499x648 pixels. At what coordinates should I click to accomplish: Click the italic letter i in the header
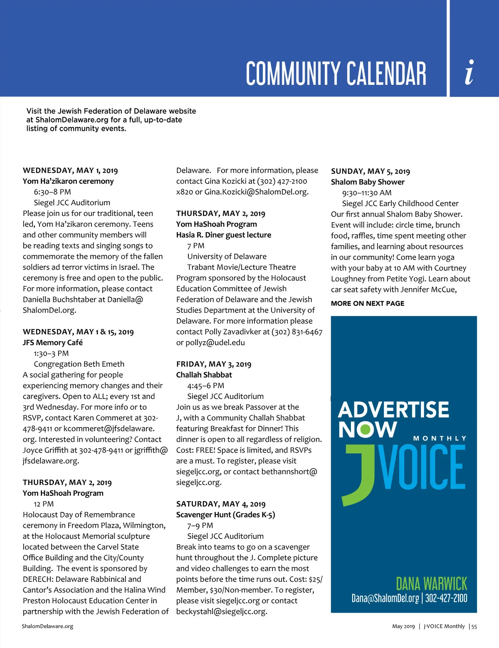(x=469, y=73)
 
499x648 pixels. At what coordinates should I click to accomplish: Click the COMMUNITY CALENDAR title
(x=336, y=74)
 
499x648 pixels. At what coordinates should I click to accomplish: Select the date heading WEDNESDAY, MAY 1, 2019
(x=70, y=171)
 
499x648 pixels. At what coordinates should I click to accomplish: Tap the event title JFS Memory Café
(x=53, y=343)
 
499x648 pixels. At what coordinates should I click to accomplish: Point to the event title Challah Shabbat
(x=204, y=375)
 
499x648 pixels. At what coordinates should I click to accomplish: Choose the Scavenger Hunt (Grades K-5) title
(x=225, y=515)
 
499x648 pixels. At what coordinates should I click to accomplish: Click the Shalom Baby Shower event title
(x=368, y=182)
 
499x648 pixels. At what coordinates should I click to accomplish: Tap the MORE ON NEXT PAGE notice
(x=368, y=304)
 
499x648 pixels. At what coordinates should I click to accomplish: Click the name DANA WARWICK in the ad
(x=431, y=584)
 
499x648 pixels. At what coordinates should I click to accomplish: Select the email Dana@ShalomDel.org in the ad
(x=385, y=599)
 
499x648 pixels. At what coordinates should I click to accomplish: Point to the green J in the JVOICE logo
(x=359, y=474)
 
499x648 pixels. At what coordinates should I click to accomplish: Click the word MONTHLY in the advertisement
(x=440, y=438)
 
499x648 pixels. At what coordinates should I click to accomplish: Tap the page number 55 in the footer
(x=474, y=626)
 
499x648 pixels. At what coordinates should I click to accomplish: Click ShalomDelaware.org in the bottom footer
(x=47, y=626)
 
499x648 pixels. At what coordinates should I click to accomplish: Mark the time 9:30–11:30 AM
(x=367, y=193)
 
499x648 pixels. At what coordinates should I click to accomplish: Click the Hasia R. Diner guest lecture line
(x=223, y=235)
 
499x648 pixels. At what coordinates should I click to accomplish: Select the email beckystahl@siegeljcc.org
(x=222, y=612)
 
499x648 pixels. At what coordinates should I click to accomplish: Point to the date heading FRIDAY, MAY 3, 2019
(x=214, y=364)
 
